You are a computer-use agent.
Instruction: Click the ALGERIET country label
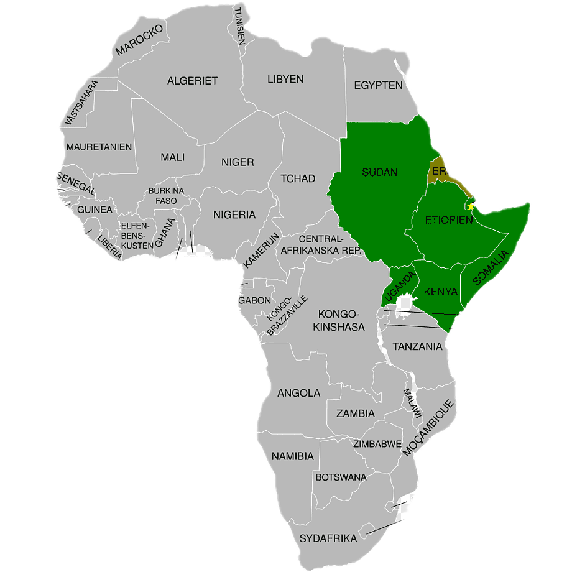192,81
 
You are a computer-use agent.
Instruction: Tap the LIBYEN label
285,79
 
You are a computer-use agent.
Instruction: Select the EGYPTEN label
378,85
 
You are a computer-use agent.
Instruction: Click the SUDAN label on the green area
379,172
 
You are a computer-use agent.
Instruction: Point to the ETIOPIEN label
445,220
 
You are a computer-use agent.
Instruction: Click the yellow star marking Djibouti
471,206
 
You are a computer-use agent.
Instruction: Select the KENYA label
440,292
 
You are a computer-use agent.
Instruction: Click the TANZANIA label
417,346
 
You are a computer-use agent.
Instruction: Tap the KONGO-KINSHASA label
338,320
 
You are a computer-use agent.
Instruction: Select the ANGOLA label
298,393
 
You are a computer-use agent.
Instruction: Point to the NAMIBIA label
292,456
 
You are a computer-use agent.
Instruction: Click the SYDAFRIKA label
328,538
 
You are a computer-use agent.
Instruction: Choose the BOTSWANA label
341,477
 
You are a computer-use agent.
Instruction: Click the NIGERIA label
234,214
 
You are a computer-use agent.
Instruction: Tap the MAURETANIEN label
99,147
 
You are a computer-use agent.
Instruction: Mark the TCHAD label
298,178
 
